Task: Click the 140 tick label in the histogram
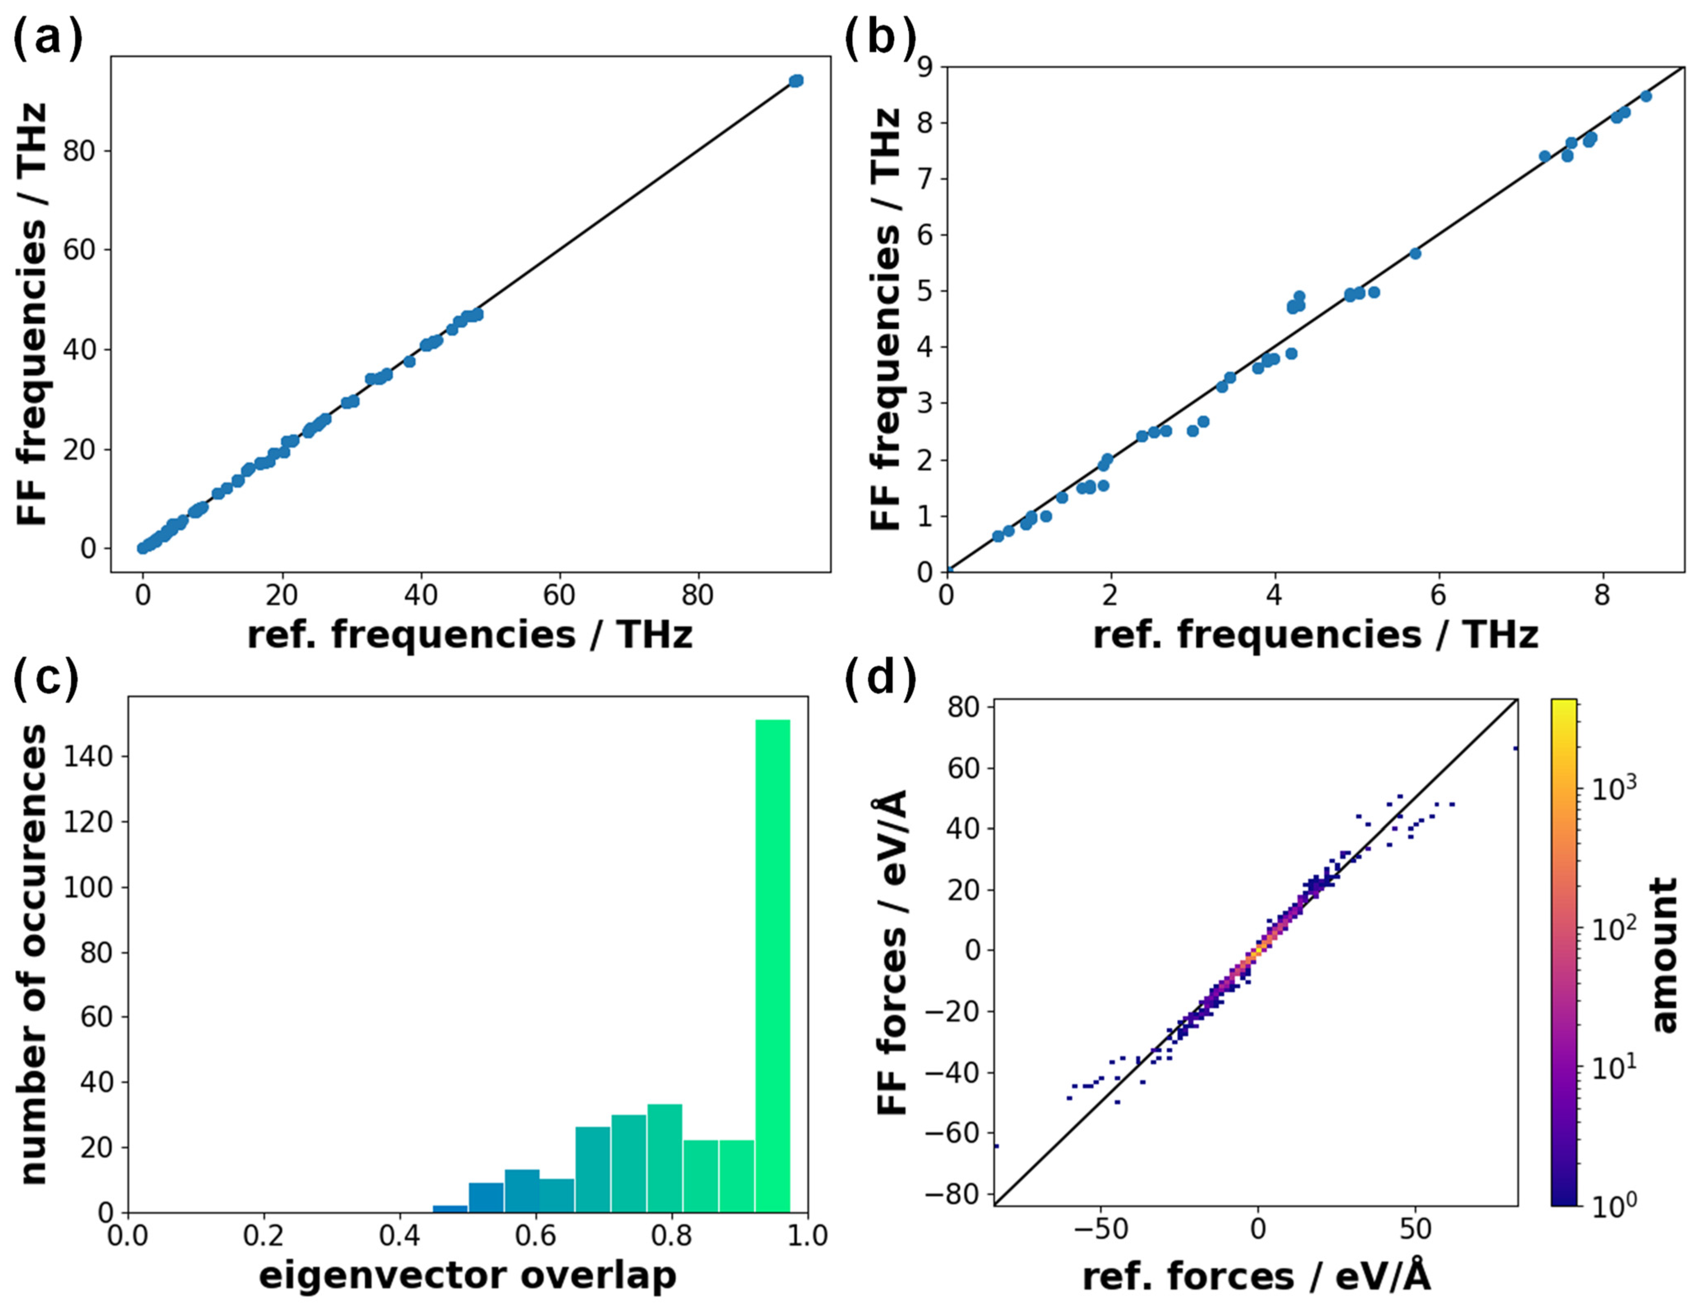(x=87, y=757)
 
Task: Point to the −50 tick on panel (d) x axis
(x=1100, y=1230)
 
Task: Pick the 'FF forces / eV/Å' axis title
(x=893, y=952)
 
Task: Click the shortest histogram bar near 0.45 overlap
(x=450, y=1208)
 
